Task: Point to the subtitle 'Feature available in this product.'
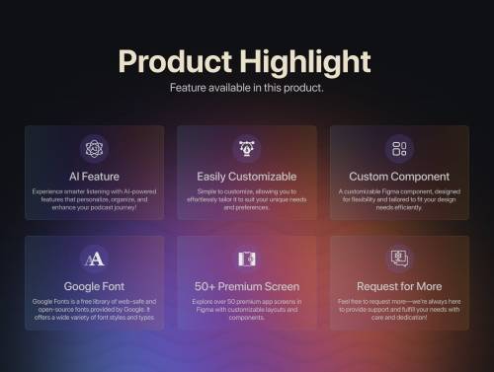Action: [246, 88]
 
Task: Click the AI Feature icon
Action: [95, 149]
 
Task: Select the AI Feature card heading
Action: [95, 177]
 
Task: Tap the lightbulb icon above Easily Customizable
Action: [246, 149]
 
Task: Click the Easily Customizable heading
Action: [246, 177]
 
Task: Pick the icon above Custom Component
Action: [399, 149]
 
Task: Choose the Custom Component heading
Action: [399, 177]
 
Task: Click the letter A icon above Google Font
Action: [95, 259]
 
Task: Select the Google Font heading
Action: [95, 286]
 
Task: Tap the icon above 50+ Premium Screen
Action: [246, 259]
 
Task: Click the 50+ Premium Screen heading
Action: [246, 286]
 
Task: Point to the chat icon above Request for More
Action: [399, 259]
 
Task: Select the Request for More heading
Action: [399, 286]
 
